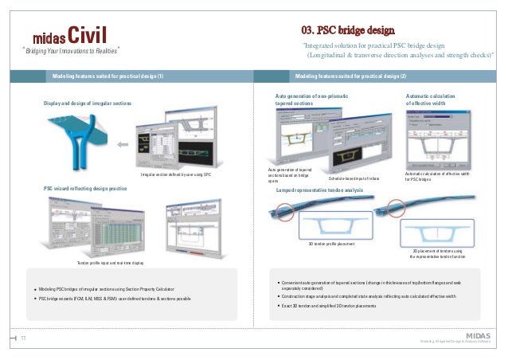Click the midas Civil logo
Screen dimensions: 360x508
click(x=67, y=35)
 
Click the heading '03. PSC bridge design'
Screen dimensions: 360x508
click(x=347, y=30)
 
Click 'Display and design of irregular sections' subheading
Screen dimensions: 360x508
click(x=87, y=104)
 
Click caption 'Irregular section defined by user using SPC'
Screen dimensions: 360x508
click(x=174, y=174)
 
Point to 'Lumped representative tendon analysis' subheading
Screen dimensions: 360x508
click(x=319, y=191)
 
